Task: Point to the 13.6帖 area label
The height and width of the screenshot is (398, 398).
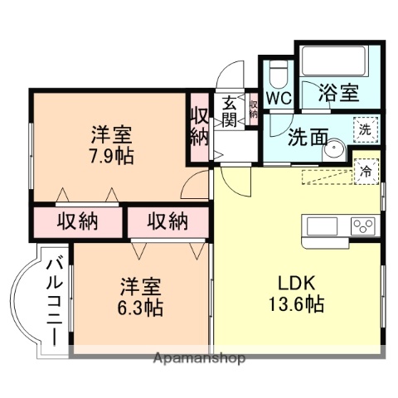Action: click(294, 303)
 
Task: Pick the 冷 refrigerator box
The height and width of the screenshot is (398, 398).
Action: click(364, 172)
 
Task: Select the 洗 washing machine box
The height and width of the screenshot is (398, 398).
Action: click(363, 129)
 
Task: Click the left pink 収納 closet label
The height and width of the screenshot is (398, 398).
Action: click(78, 221)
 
